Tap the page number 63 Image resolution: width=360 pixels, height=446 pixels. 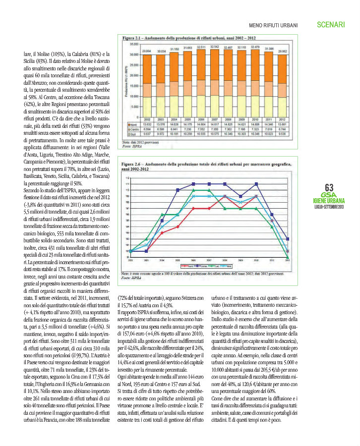(x=329, y=187)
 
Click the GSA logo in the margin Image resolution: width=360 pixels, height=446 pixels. (x=329, y=195)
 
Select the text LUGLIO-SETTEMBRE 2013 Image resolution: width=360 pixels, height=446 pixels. (x=329, y=207)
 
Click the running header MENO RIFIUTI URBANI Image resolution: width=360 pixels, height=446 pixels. (x=273, y=25)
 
